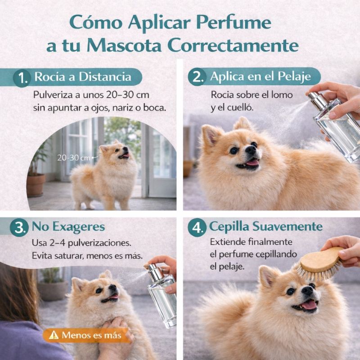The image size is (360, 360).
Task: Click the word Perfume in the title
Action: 234,23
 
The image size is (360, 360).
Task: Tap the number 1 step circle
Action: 22,78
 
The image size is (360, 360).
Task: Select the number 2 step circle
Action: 197,77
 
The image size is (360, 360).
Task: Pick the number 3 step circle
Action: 19,227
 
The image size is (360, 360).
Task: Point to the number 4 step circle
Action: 197,228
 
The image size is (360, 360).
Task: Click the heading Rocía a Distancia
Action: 83,76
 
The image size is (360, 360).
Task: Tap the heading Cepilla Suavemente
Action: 265,226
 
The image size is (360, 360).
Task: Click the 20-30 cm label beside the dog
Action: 73,158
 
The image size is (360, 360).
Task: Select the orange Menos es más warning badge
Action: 85,335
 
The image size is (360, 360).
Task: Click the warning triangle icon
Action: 54,335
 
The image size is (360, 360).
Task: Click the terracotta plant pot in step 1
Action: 36,185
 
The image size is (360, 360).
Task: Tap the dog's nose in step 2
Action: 251,150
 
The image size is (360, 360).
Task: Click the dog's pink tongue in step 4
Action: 309,305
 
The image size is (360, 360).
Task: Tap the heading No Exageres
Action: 68,226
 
